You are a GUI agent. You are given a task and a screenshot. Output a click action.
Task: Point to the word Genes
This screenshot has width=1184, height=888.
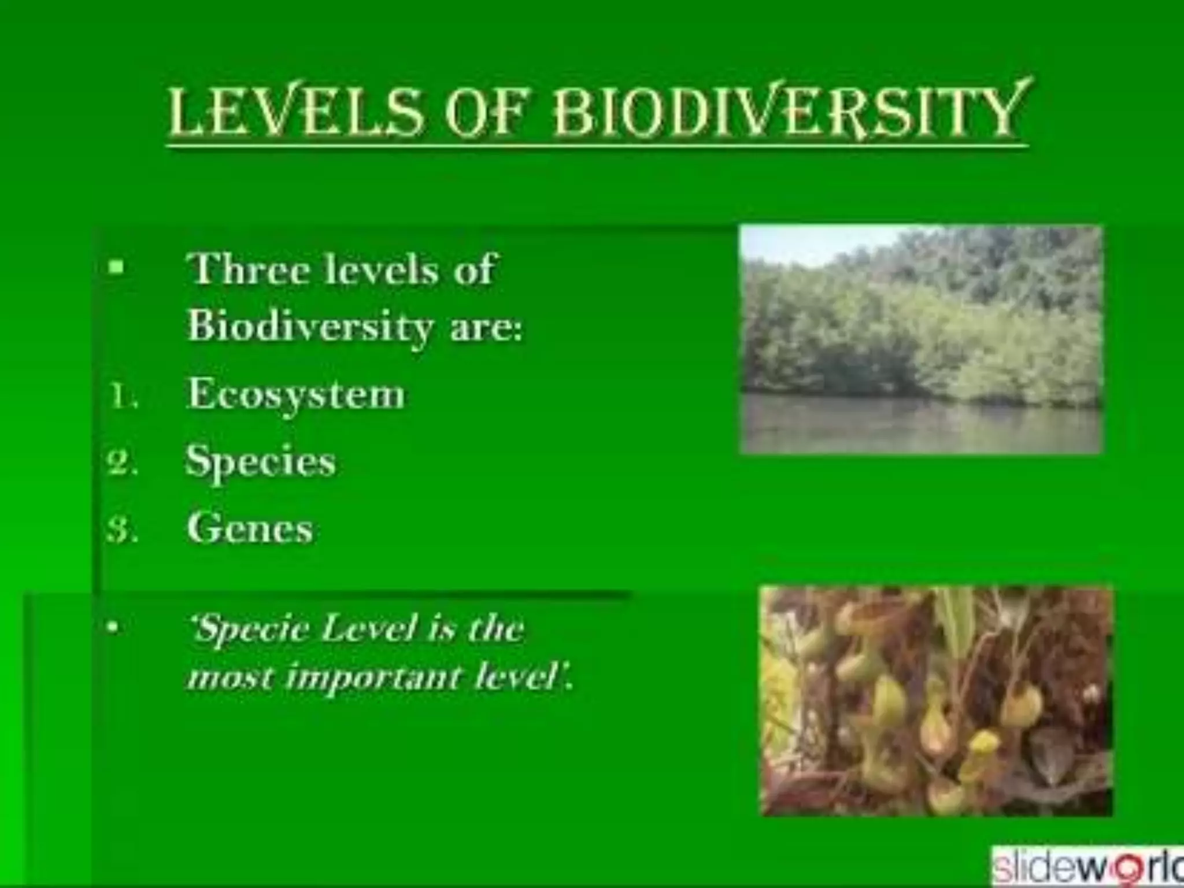pyautogui.click(x=250, y=528)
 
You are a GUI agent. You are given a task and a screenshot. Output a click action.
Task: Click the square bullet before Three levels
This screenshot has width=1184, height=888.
pyautogui.click(x=117, y=268)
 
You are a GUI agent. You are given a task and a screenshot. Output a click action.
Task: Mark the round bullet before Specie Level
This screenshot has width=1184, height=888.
pyautogui.click(x=116, y=627)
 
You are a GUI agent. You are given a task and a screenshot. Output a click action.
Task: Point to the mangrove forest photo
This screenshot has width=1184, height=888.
pyautogui.click(x=922, y=324)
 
